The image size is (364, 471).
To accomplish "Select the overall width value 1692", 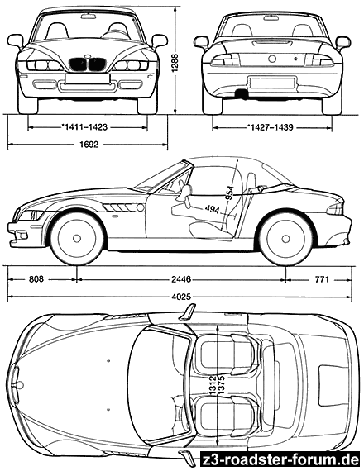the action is (89, 145).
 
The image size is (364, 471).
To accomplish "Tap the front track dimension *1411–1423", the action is (84, 127).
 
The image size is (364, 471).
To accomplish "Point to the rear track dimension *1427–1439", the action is (271, 127).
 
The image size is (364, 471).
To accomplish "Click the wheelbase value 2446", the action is (181, 279).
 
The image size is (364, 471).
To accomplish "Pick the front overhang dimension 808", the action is (36, 279).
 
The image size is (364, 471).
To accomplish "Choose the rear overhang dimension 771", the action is (322, 279).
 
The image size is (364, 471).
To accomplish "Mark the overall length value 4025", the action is (181, 297).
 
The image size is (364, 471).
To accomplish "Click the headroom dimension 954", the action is (230, 193).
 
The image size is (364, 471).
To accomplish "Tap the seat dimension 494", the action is (212, 209).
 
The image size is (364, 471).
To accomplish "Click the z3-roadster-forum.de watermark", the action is (280, 459).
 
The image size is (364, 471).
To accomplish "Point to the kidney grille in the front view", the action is (87, 64).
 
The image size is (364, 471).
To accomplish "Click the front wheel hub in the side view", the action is (77, 239).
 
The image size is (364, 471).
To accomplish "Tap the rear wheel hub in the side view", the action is (285, 239).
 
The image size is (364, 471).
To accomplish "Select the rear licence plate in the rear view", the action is (272, 83).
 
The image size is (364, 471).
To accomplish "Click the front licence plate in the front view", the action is (87, 78).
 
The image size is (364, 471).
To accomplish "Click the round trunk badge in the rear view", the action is (272, 59).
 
